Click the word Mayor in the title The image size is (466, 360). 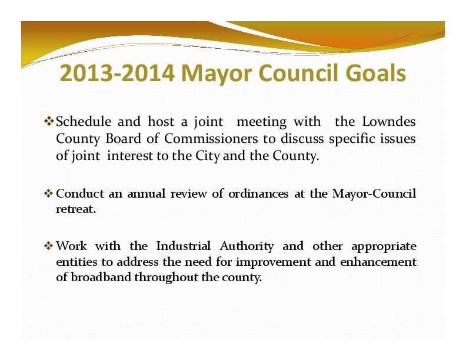pyautogui.click(x=217, y=74)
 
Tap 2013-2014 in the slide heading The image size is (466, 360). pyautogui.click(x=117, y=73)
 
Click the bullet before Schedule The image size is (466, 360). pyautogui.click(x=48, y=121)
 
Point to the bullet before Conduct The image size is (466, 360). pyautogui.click(x=48, y=194)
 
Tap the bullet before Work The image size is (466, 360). pyautogui.click(x=48, y=246)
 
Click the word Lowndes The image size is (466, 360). pyautogui.click(x=389, y=122)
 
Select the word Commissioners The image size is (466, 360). pyautogui.click(x=211, y=139)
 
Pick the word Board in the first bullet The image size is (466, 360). pyautogui.click(x=124, y=139)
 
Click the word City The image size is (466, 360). pyautogui.click(x=208, y=156)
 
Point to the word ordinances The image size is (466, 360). pyautogui.click(x=258, y=194)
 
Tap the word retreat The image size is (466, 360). pyautogui.click(x=76, y=209)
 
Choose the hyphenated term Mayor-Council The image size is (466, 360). pyautogui.click(x=374, y=194)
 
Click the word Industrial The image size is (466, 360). pyautogui.click(x=184, y=246)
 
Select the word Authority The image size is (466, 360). pyautogui.click(x=247, y=246)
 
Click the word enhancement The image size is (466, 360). pyautogui.click(x=378, y=262)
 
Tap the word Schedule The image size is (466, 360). pyautogui.click(x=84, y=122)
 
